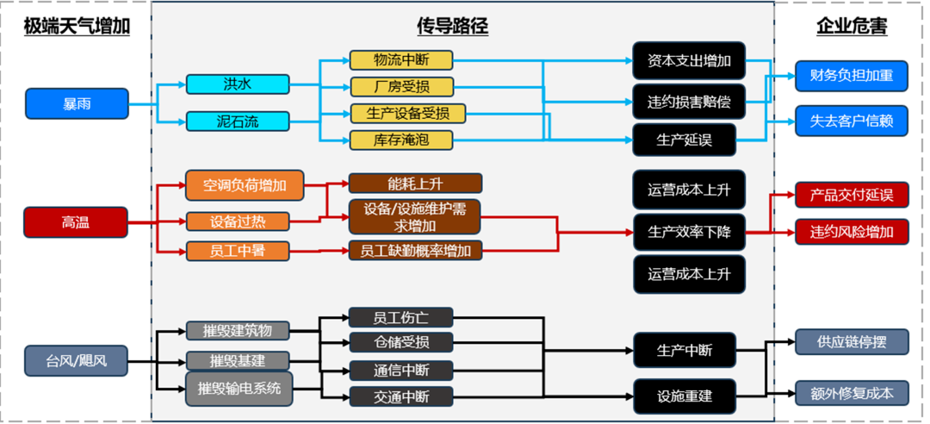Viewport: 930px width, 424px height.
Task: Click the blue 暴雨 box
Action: coord(77,103)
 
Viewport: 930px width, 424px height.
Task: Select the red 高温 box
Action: coord(76,221)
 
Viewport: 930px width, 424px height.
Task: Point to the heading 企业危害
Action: coord(851,27)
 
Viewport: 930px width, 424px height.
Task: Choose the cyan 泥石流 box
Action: coord(238,121)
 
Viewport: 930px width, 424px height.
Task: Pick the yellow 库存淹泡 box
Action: coord(400,140)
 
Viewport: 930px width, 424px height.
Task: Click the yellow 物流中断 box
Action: coord(400,60)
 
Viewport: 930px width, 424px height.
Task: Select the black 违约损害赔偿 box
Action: coord(689,101)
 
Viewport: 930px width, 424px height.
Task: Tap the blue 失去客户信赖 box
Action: coord(852,121)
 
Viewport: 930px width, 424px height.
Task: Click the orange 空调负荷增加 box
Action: coord(245,184)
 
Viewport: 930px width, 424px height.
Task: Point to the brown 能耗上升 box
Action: coord(414,183)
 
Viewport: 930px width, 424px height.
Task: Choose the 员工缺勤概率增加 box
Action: coord(414,251)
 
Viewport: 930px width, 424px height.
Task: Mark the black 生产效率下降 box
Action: coord(689,231)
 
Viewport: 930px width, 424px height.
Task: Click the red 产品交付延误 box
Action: coord(852,195)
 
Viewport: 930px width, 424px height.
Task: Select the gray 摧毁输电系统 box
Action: coord(239,389)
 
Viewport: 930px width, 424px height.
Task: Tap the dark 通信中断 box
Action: coord(400,371)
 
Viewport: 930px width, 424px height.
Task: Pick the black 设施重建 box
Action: coord(685,396)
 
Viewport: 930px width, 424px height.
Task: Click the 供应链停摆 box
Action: coord(852,341)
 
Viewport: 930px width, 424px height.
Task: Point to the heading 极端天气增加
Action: coord(77,27)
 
